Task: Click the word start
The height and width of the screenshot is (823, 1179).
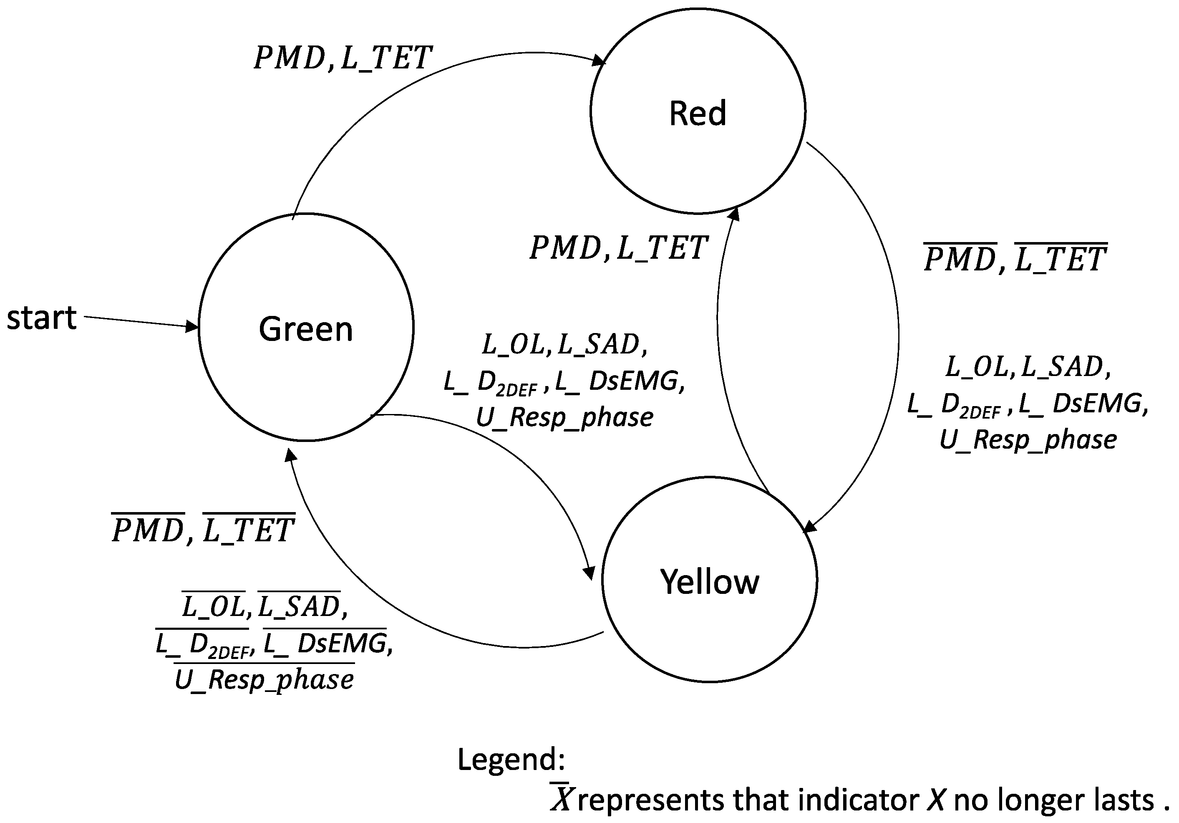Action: click(x=42, y=318)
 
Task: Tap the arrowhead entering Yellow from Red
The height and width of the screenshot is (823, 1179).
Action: click(x=809, y=527)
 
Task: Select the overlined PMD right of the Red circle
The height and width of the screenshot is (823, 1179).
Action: click(x=960, y=258)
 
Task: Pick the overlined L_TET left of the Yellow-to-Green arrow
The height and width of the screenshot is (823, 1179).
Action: click(x=249, y=530)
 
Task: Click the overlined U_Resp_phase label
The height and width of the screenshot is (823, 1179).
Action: click(x=264, y=679)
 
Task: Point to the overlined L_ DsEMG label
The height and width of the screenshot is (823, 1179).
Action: click(x=325, y=643)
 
